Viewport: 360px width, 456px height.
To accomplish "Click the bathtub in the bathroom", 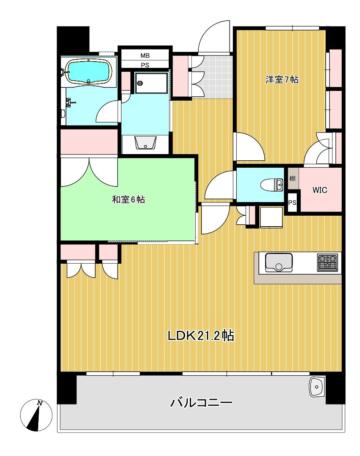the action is coord(89,71).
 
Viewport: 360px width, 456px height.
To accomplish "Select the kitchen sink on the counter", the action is coord(278,263).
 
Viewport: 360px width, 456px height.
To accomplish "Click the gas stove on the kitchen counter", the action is coord(328,263).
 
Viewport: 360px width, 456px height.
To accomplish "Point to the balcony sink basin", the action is coord(316,387).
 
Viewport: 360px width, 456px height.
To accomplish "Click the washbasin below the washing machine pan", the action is coord(145,143).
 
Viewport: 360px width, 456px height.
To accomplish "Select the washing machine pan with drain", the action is coord(151,83).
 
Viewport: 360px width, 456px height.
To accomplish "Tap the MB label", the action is coord(145,55).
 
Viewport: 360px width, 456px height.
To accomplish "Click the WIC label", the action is coord(319,190).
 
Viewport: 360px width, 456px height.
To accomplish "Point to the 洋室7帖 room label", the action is coord(282,80).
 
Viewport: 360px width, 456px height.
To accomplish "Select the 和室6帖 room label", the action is coord(128,199).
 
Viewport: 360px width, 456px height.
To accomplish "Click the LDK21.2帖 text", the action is coord(201,336).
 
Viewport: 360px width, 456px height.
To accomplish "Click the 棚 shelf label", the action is coord(292,178).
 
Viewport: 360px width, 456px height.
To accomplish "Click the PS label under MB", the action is coord(145,65).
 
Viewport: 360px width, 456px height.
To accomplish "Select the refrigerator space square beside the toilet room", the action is coord(271,217).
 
